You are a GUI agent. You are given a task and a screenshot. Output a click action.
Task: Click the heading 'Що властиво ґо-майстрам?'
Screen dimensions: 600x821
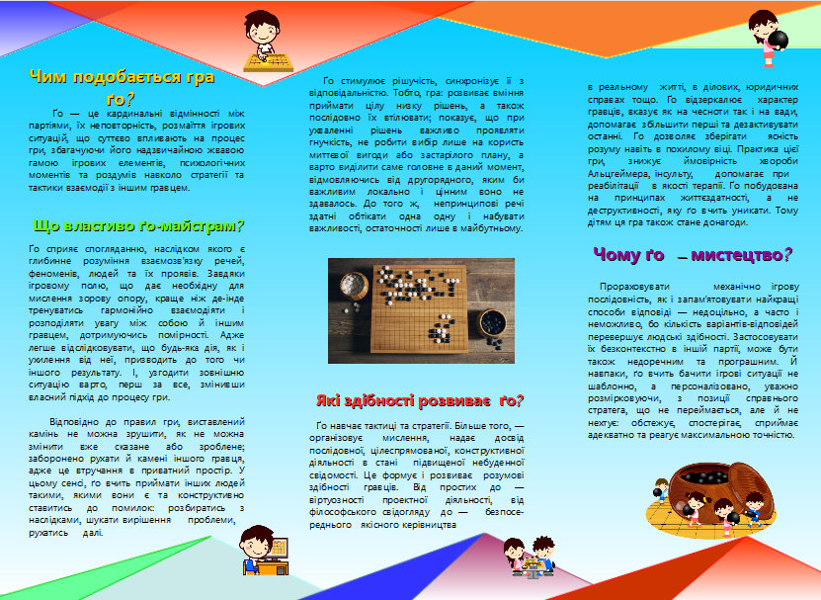138,225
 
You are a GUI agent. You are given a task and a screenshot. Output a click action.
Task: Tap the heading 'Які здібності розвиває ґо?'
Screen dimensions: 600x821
420,400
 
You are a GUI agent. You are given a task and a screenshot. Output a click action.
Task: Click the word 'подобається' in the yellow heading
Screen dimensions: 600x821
148,77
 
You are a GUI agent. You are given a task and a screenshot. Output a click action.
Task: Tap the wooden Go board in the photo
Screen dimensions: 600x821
425,298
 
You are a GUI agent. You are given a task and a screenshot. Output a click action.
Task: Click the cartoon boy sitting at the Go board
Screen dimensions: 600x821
269,39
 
